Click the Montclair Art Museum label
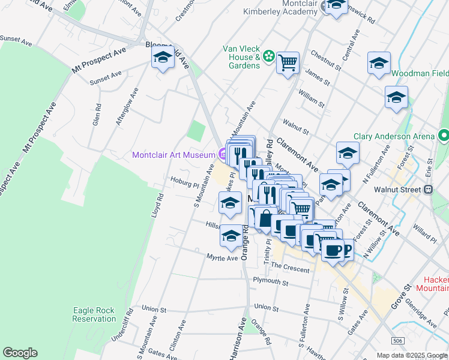(173, 155)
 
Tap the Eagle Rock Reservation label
(94, 314)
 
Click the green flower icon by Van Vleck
(268, 56)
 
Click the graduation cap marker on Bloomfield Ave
(163, 58)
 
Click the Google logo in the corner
(20, 353)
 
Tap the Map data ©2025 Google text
(412, 355)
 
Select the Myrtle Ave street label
(222, 258)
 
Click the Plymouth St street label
(271, 281)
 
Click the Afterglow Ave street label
(127, 108)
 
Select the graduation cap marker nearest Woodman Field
(379, 64)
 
